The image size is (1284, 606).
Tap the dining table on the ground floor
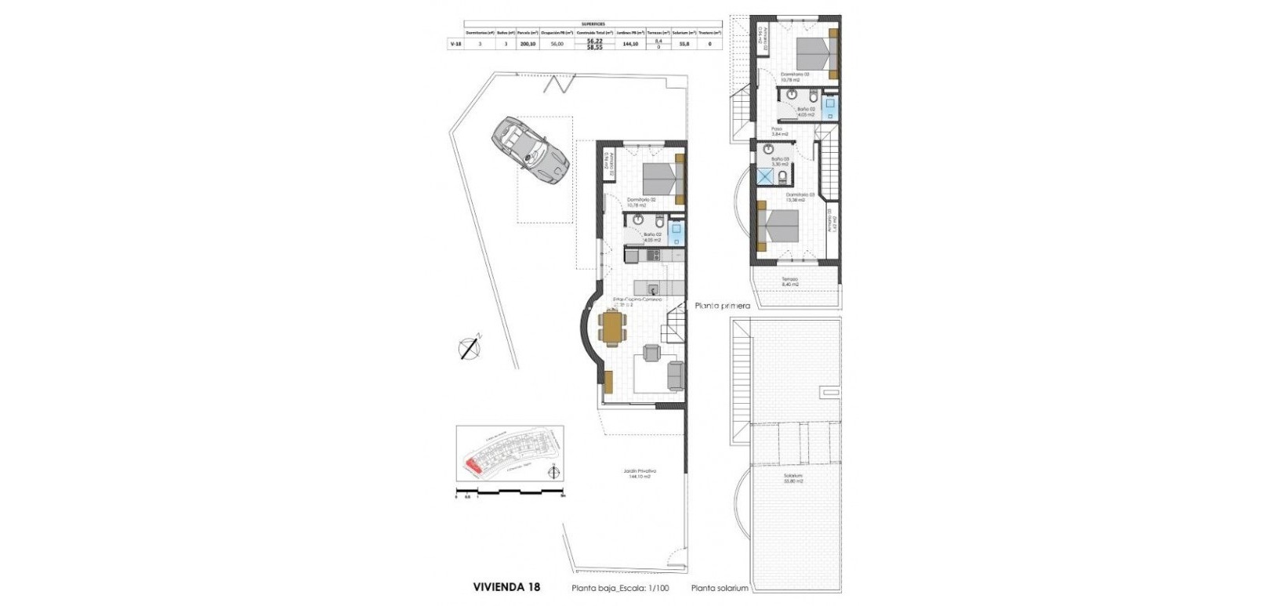point(612,326)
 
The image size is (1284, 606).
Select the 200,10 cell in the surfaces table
point(527,45)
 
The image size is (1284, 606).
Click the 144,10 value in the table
point(629,45)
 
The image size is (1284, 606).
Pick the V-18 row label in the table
point(455,45)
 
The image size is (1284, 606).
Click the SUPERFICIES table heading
point(593,24)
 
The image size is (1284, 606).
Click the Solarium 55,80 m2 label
point(793,478)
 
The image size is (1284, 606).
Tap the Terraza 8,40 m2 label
point(789,281)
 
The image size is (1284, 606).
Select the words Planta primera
point(723,306)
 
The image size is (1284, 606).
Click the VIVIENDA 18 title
point(506,586)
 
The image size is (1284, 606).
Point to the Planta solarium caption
point(720,588)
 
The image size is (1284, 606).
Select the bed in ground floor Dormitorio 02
point(660,180)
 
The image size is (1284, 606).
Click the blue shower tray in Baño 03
point(764,176)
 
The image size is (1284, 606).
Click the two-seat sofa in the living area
point(674,376)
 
